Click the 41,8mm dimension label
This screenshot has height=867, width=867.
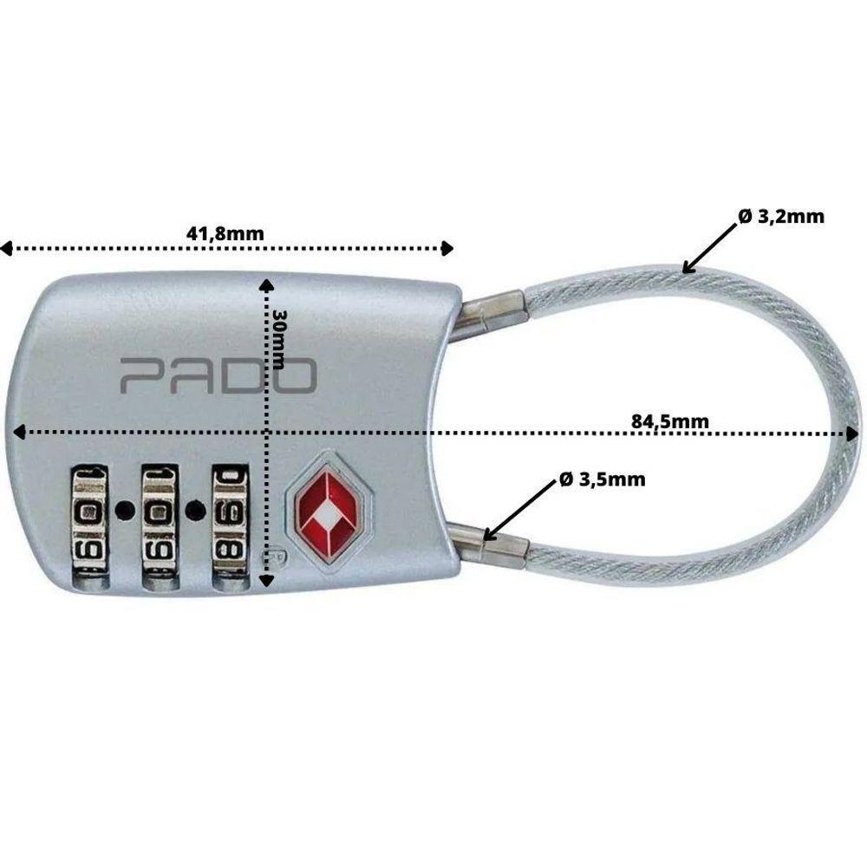[x=225, y=232]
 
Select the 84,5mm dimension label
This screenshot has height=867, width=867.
[x=670, y=422]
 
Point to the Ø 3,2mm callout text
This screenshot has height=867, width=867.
[x=781, y=217]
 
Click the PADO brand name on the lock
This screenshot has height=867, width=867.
[x=218, y=375]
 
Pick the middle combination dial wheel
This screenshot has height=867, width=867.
[x=158, y=529]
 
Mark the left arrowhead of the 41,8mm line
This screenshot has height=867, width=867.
[x=6, y=250]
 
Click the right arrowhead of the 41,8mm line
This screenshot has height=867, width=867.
[x=447, y=250]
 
